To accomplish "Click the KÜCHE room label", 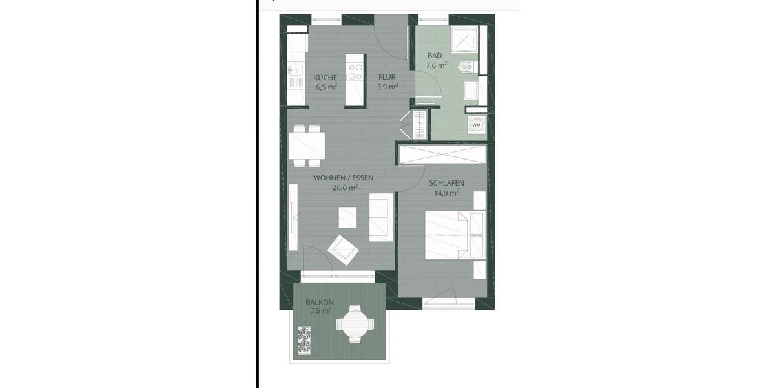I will pos(325,78).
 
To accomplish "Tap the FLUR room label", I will pos(387,77).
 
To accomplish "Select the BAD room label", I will pos(434,56).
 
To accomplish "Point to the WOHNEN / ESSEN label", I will pos(343,177).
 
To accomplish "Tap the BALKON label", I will pos(320,302).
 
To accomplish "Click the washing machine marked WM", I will pos(477,125).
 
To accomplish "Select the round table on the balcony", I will pos(355,324).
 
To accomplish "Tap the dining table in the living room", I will pos(307,145).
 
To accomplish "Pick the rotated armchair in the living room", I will pos(343,249).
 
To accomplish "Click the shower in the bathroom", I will pos(464,39).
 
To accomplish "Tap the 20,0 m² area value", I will pos(345,188).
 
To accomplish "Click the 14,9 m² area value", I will pos(446,193).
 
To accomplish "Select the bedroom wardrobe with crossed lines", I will pos(442,155).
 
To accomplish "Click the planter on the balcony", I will pos(304,340).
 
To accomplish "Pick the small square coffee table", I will pos(347,217).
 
